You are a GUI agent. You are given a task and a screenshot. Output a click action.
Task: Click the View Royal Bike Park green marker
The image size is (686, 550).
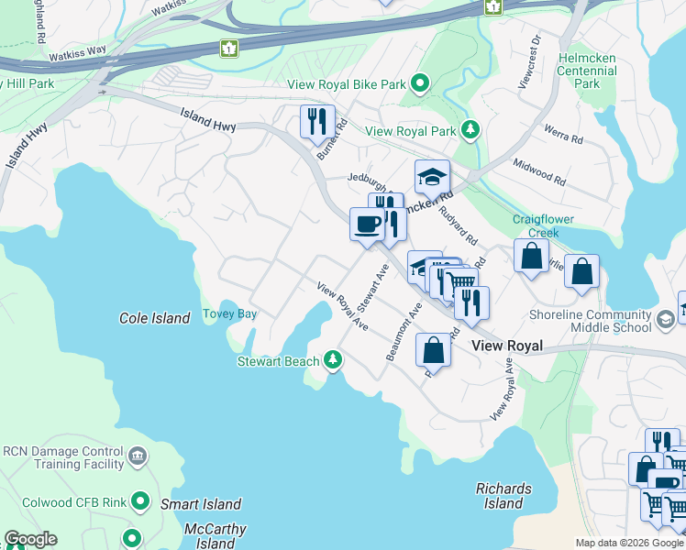point(420,84)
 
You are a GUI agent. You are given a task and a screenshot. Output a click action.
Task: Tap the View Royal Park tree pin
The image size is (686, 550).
point(470,130)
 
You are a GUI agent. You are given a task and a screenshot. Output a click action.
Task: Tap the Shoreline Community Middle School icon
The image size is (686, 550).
point(665,318)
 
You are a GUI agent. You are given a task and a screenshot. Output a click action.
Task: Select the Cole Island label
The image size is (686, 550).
point(154,318)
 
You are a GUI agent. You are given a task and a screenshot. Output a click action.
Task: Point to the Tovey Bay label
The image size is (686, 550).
point(229,313)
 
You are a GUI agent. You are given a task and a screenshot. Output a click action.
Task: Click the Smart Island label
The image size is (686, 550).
point(201,504)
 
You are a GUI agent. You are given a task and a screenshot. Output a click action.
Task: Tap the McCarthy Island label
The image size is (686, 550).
point(216,536)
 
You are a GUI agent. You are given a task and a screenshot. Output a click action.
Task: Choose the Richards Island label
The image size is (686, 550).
point(503,496)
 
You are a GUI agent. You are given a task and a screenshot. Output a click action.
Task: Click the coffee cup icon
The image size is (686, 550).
point(367,223)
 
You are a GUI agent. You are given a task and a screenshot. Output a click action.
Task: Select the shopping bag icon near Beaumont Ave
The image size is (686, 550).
point(433,350)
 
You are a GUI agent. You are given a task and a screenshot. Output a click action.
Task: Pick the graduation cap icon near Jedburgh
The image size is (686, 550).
point(432,177)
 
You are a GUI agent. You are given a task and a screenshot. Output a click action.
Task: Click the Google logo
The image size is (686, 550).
point(30,539)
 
